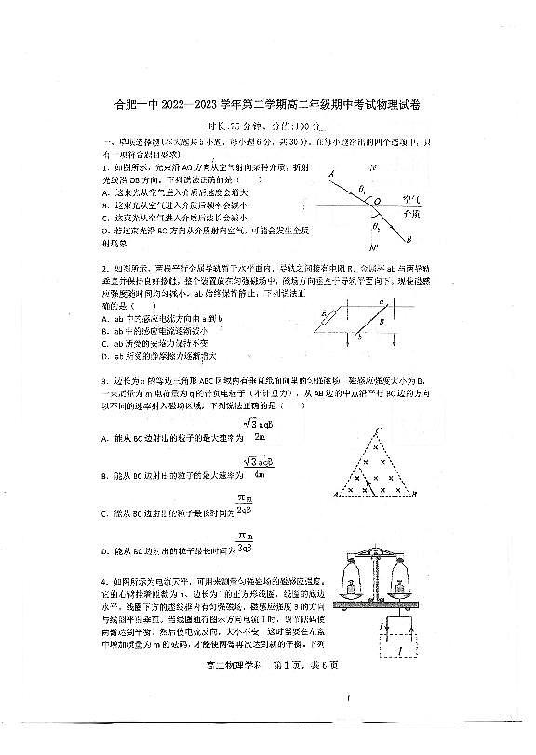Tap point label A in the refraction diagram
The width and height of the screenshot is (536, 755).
click(331, 173)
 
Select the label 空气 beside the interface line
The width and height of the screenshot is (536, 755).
click(417, 197)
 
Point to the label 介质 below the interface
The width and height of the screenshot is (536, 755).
click(416, 212)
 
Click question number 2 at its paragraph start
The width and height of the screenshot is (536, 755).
click(104, 269)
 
